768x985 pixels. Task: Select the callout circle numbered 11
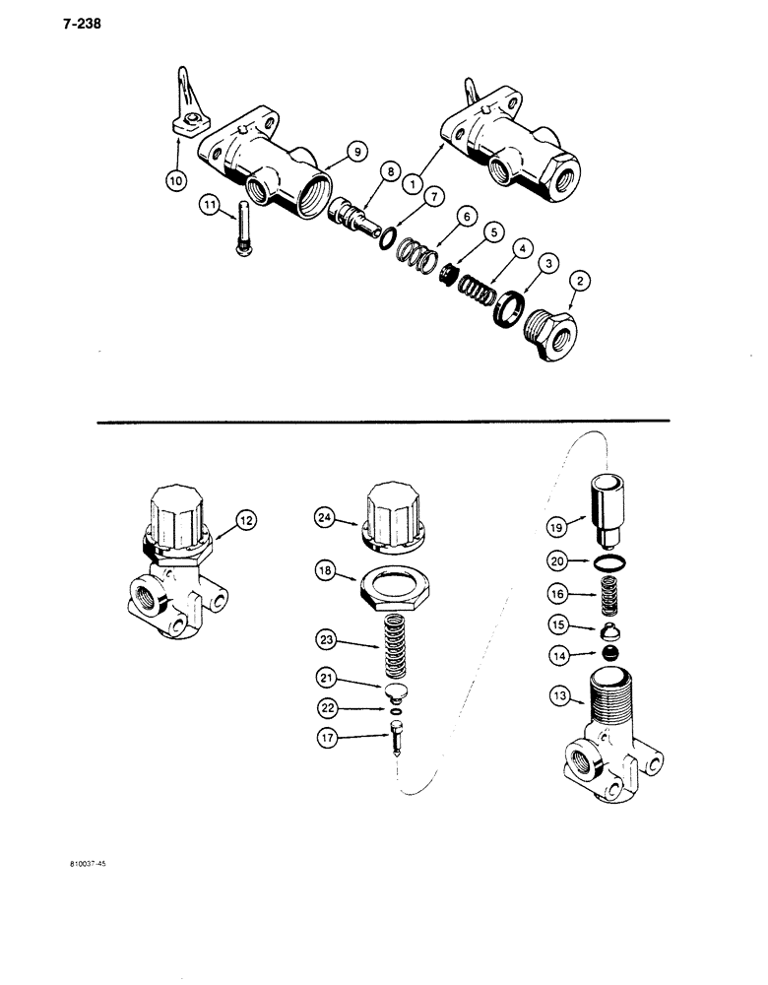(x=210, y=205)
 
